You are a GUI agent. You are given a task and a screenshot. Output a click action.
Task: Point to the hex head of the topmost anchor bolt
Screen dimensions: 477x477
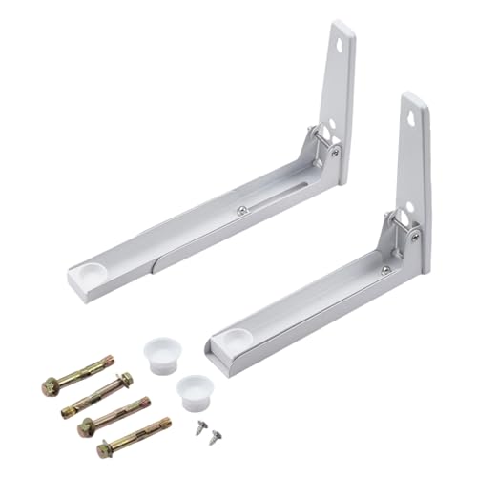[x=51, y=385]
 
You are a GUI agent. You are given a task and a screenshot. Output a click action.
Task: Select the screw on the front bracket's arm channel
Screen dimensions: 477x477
[x=384, y=270]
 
